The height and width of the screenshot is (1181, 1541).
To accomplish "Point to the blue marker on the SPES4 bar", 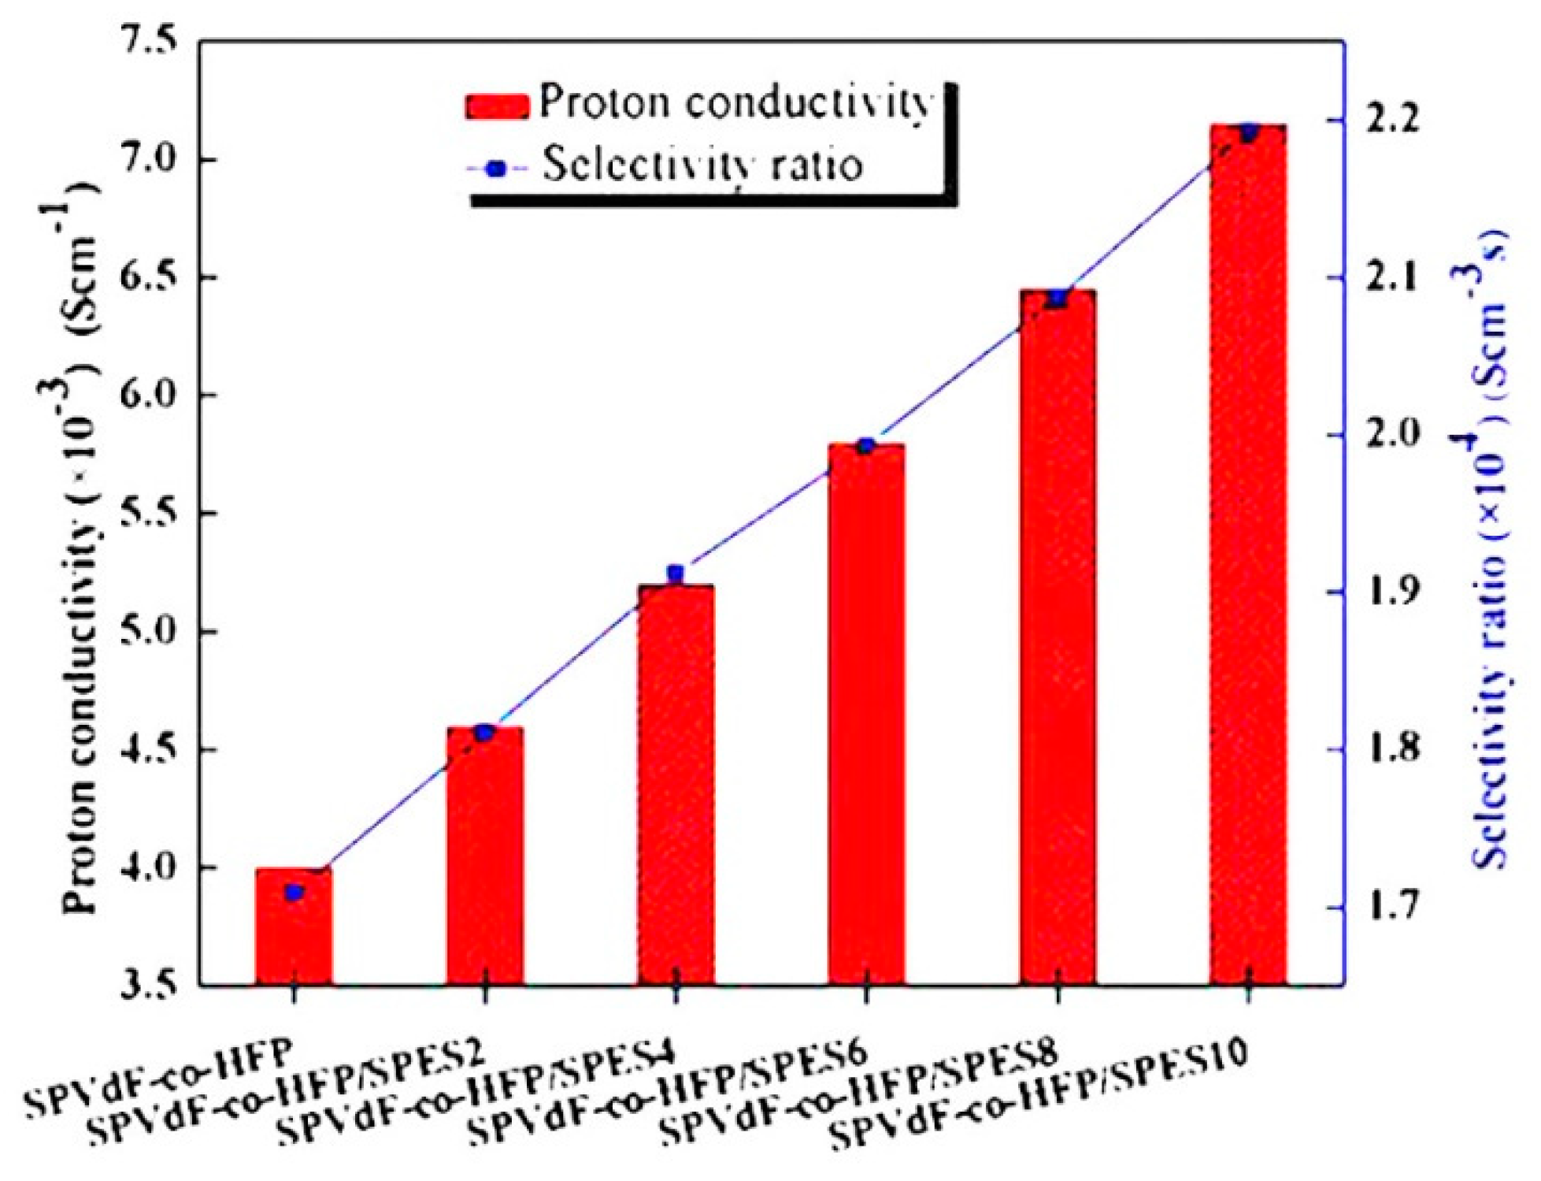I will point(676,573).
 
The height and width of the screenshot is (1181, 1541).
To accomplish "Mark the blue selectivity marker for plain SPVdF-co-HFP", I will point(294,893).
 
